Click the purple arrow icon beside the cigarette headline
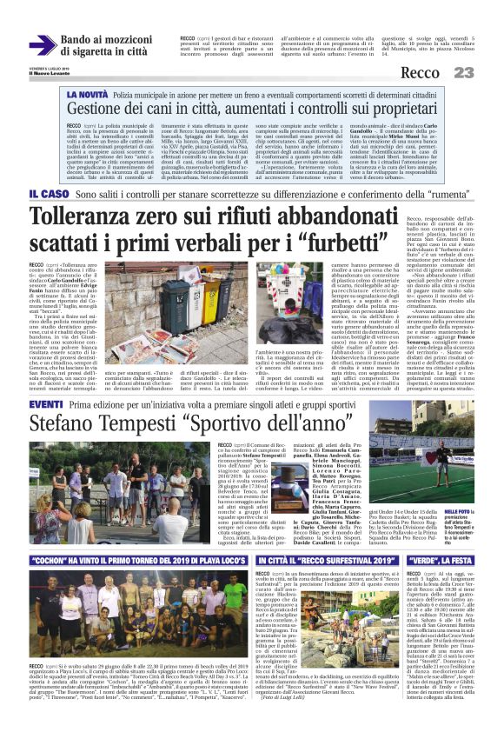(x=42, y=46)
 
